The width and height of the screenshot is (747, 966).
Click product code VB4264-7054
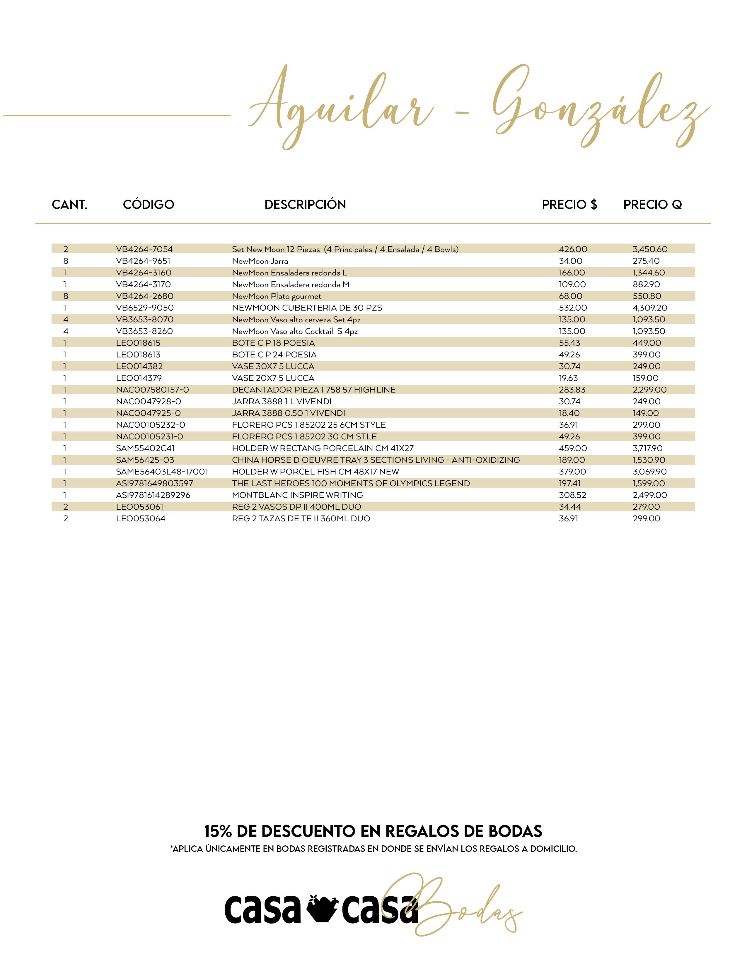144,249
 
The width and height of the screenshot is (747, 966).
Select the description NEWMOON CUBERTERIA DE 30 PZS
307,308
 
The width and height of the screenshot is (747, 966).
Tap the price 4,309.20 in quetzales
650,308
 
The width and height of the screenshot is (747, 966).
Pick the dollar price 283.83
572,390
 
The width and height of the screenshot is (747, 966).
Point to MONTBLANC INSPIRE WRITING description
297,495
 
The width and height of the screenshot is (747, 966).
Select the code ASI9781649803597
154,484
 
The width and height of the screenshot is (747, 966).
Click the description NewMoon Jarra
260,261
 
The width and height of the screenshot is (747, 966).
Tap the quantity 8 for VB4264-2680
66,296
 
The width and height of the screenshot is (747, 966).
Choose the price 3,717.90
647,448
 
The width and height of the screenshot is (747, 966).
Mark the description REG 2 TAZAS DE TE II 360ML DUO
301,518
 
